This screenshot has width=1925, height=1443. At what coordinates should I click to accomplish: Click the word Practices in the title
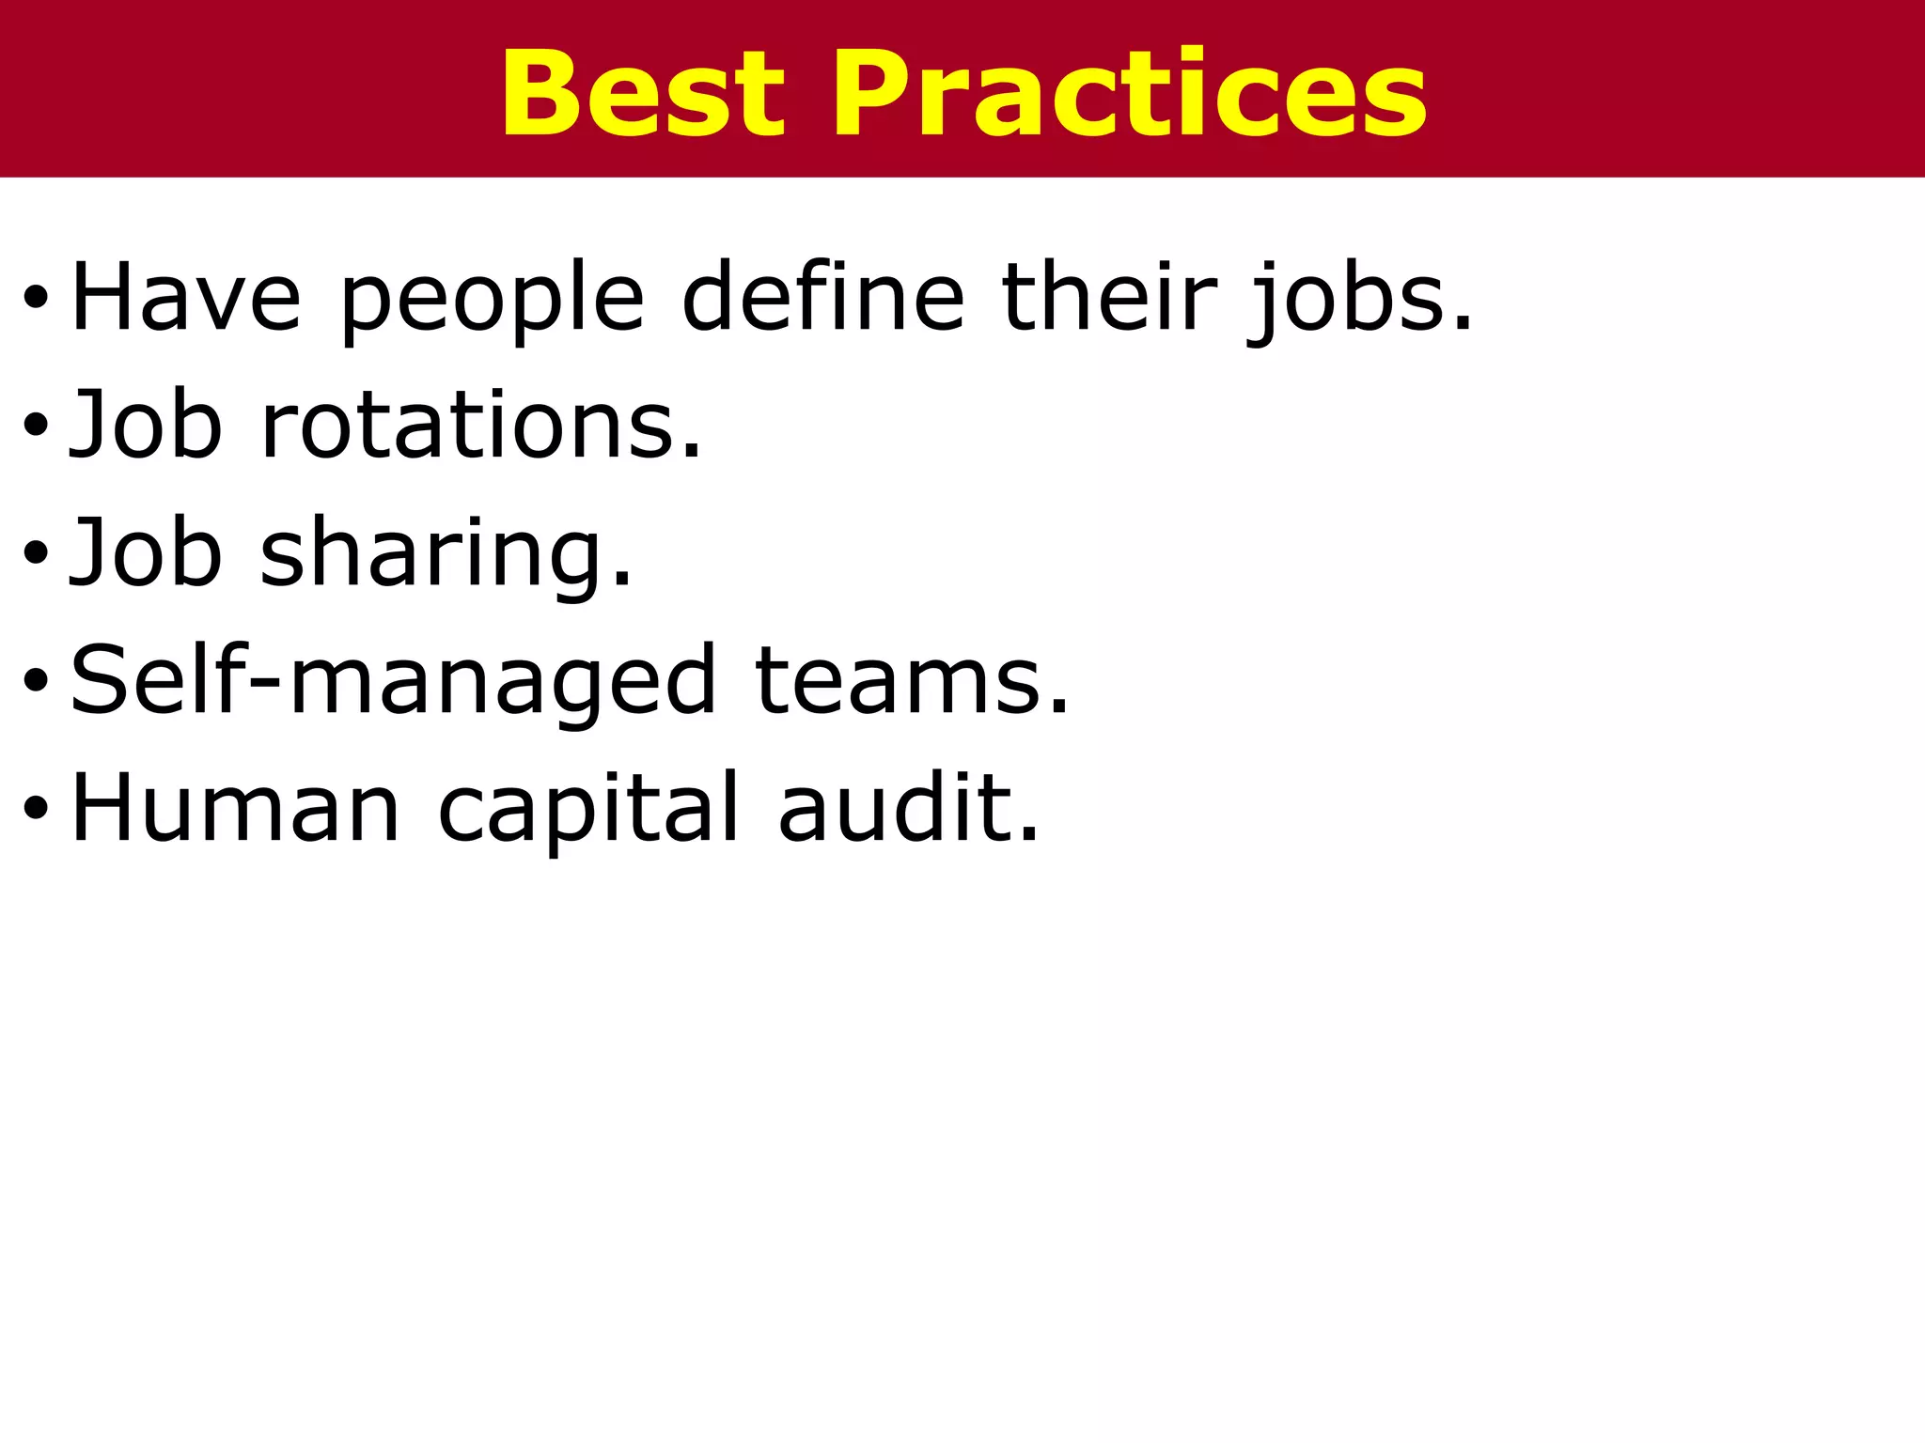pyautogui.click(x=1128, y=94)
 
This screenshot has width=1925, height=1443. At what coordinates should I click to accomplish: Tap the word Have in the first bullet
pyautogui.click(x=186, y=298)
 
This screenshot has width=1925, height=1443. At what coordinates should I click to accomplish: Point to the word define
pyautogui.click(x=822, y=298)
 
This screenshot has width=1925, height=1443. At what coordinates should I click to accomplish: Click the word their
pyautogui.click(x=1109, y=298)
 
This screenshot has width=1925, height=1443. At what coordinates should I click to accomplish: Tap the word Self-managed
pyautogui.click(x=394, y=681)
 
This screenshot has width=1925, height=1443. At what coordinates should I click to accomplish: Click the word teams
pyautogui.click(x=912, y=681)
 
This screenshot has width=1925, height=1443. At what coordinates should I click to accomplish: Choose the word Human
pyautogui.click(x=235, y=808)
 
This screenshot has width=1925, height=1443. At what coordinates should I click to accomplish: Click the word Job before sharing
pyautogui.click(x=146, y=553)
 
